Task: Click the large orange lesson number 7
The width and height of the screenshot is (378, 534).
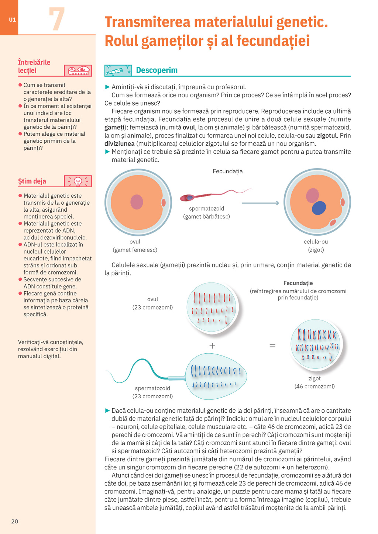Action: pyautogui.click(x=56, y=19)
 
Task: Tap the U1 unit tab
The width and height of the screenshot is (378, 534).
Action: pyautogui.click(x=13, y=20)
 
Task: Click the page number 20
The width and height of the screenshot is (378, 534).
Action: pyautogui.click(x=15, y=521)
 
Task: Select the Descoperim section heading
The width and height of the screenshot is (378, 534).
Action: pyautogui.click(x=157, y=70)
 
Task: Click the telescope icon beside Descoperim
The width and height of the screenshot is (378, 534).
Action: pyautogui.click(x=118, y=70)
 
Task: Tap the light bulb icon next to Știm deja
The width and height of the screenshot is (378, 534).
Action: pyautogui.click(x=78, y=181)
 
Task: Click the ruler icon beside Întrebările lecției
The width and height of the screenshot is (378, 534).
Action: pyautogui.click(x=78, y=70)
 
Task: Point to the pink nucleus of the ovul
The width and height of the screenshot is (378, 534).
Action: pyautogui.click(x=137, y=202)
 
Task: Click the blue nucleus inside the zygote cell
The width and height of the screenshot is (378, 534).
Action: pyautogui.click(x=319, y=208)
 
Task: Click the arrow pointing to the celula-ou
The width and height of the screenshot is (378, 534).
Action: pyautogui.click(x=260, y=203)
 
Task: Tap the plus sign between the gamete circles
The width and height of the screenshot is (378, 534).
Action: pyautogui.click(x=212, y=346)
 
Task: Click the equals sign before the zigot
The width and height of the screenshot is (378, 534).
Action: pyautogui.click(x=272, y=346)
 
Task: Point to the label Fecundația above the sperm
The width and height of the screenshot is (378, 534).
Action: pyautogui.click(x=228, y=171)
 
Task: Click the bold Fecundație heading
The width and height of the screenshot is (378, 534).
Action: pyautogui.click(x=298, y=283)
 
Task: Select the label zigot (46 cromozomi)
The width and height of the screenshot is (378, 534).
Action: pyautogui.click(x=315, y=382)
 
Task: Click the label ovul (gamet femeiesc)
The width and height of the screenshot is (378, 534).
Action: pyautogui.click(x=135, y=246)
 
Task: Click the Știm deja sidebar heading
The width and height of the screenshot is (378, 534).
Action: pyautogui.click(x=32, y=181)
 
